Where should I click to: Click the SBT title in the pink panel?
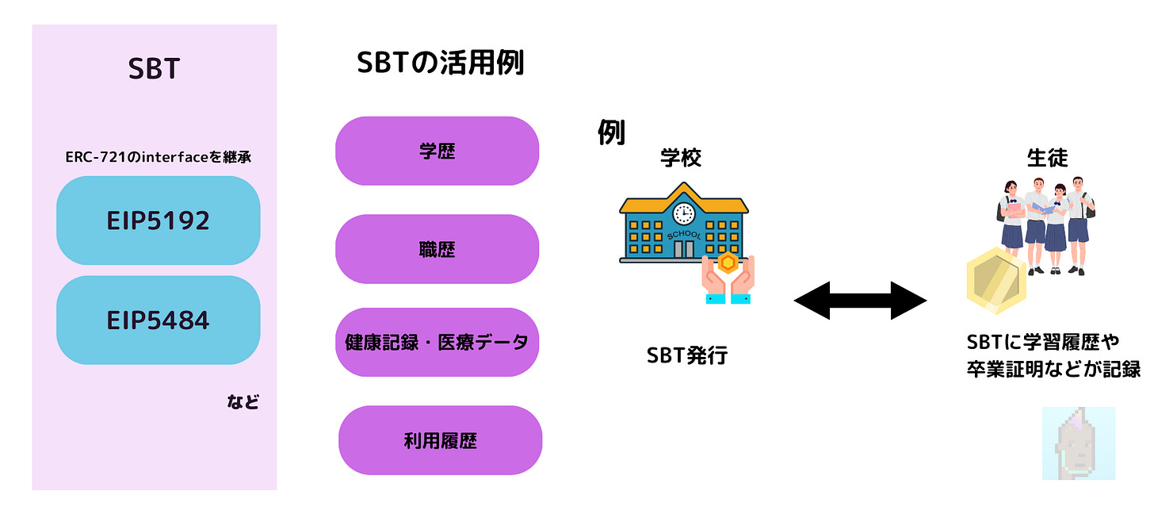pos(155,69)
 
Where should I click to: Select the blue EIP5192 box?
pos(158,221)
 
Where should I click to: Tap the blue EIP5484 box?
pos(158,320)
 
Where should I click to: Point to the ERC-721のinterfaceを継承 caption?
pos(158,157)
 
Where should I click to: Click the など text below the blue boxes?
pos(243,402)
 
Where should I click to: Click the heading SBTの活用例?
pos(440,63)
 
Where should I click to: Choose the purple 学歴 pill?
pos(437,151)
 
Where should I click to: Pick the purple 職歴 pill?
pos(437,249)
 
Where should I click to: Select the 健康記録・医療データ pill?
pos(437,343)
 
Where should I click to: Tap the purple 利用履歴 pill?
pos(440,440)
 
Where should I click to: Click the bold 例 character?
pos(611,133)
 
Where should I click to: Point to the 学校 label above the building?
pos(681,158)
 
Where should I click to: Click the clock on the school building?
pos(683,213)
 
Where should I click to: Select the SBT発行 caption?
pos(686,356)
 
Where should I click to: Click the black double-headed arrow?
pos(860,301)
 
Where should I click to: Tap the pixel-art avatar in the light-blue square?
pos(1078,443)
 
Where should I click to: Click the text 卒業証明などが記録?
pos(1053,369)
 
